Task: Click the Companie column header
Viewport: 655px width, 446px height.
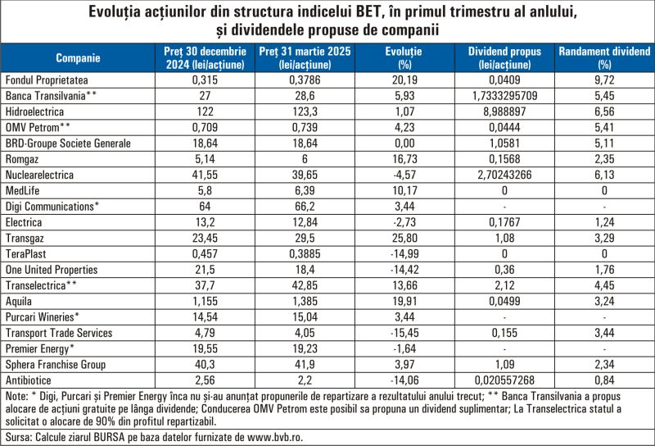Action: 79,57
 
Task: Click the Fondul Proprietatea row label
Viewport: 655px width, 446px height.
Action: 47,80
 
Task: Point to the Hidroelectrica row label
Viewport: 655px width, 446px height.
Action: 35,111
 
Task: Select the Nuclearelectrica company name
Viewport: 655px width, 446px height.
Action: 40,175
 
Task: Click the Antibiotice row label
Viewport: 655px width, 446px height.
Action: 29,380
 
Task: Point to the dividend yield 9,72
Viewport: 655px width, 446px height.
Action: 604,80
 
